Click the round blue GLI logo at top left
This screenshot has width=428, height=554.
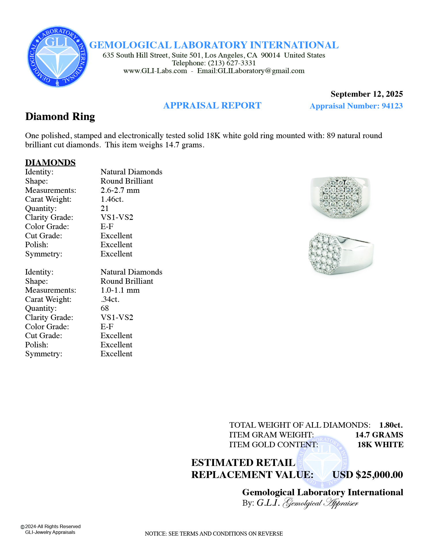click(58, 57)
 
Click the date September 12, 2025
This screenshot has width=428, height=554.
click(366, 94)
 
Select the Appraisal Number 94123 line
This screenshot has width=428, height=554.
click(356, 106)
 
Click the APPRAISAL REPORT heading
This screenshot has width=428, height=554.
click(212, 106)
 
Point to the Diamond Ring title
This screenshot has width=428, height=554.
click(60, 117)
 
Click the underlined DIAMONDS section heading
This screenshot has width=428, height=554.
click(50, 163)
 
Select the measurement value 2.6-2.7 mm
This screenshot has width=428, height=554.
click(120, 190)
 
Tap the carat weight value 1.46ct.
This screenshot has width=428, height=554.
click(112, 199)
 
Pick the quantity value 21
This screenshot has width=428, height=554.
click(105, 208)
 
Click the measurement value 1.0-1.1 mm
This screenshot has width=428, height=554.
click(120, 290)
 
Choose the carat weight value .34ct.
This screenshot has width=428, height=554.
click(110, 299)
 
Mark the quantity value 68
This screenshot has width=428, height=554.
click(105, 308)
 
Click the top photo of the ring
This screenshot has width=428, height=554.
click(340, 197)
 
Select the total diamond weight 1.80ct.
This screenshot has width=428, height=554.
click(391, 425)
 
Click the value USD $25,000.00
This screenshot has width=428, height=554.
click(368, 475)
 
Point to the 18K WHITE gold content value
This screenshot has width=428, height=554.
click(380, 445)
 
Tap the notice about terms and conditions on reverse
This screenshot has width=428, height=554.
click(214, 534)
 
